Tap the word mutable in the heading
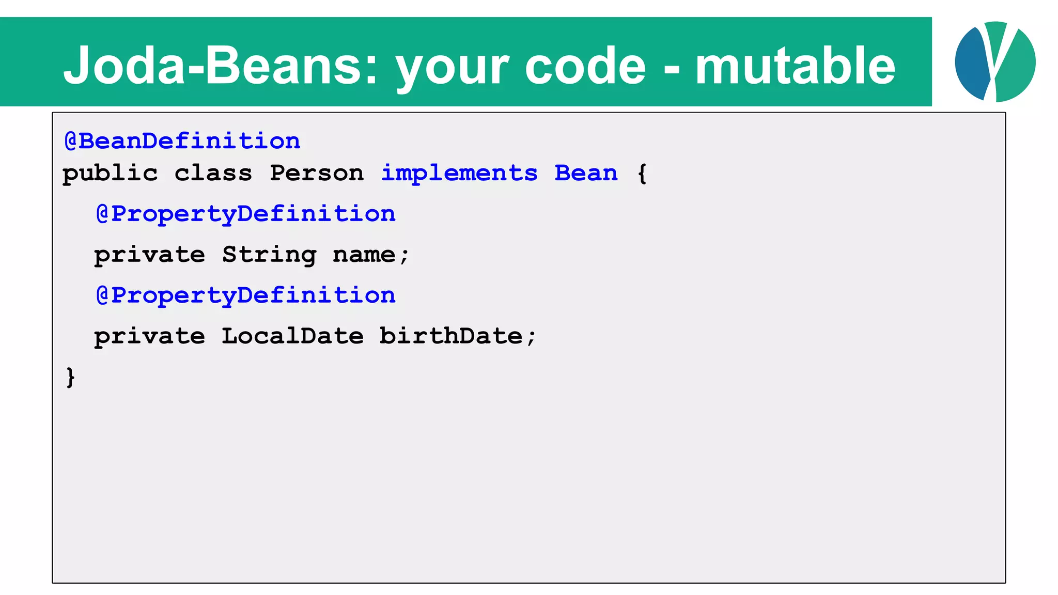click(795, 66)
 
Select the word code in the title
click(585, 66)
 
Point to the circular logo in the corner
click(995, 61)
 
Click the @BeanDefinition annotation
click(182, 141)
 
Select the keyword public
click(110, 174)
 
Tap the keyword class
click(213, 173)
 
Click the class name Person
click(317, 173)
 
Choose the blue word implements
click(459, 174)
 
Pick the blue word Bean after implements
click(586, 173)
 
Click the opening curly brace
click(642, 174)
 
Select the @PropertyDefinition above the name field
click(246, 214)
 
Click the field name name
click(364, 255)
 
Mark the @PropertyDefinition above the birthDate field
click(246, 295)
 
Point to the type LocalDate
click(293, 336)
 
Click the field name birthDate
click(451, 336)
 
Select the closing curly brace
click(71, 377)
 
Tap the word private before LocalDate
click(149, 337)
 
